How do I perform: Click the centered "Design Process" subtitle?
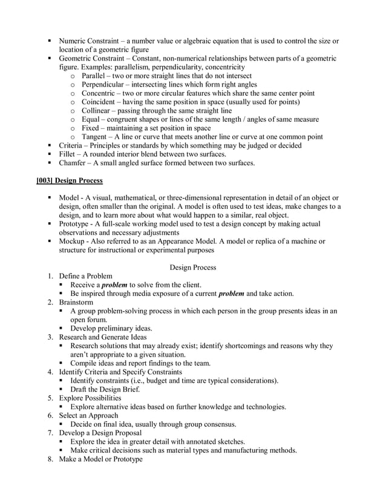click(193, 267)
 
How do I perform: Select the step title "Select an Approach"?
click(88, 416)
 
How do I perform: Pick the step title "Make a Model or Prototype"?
click(100, 459)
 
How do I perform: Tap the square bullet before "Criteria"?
click(50, 146)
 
